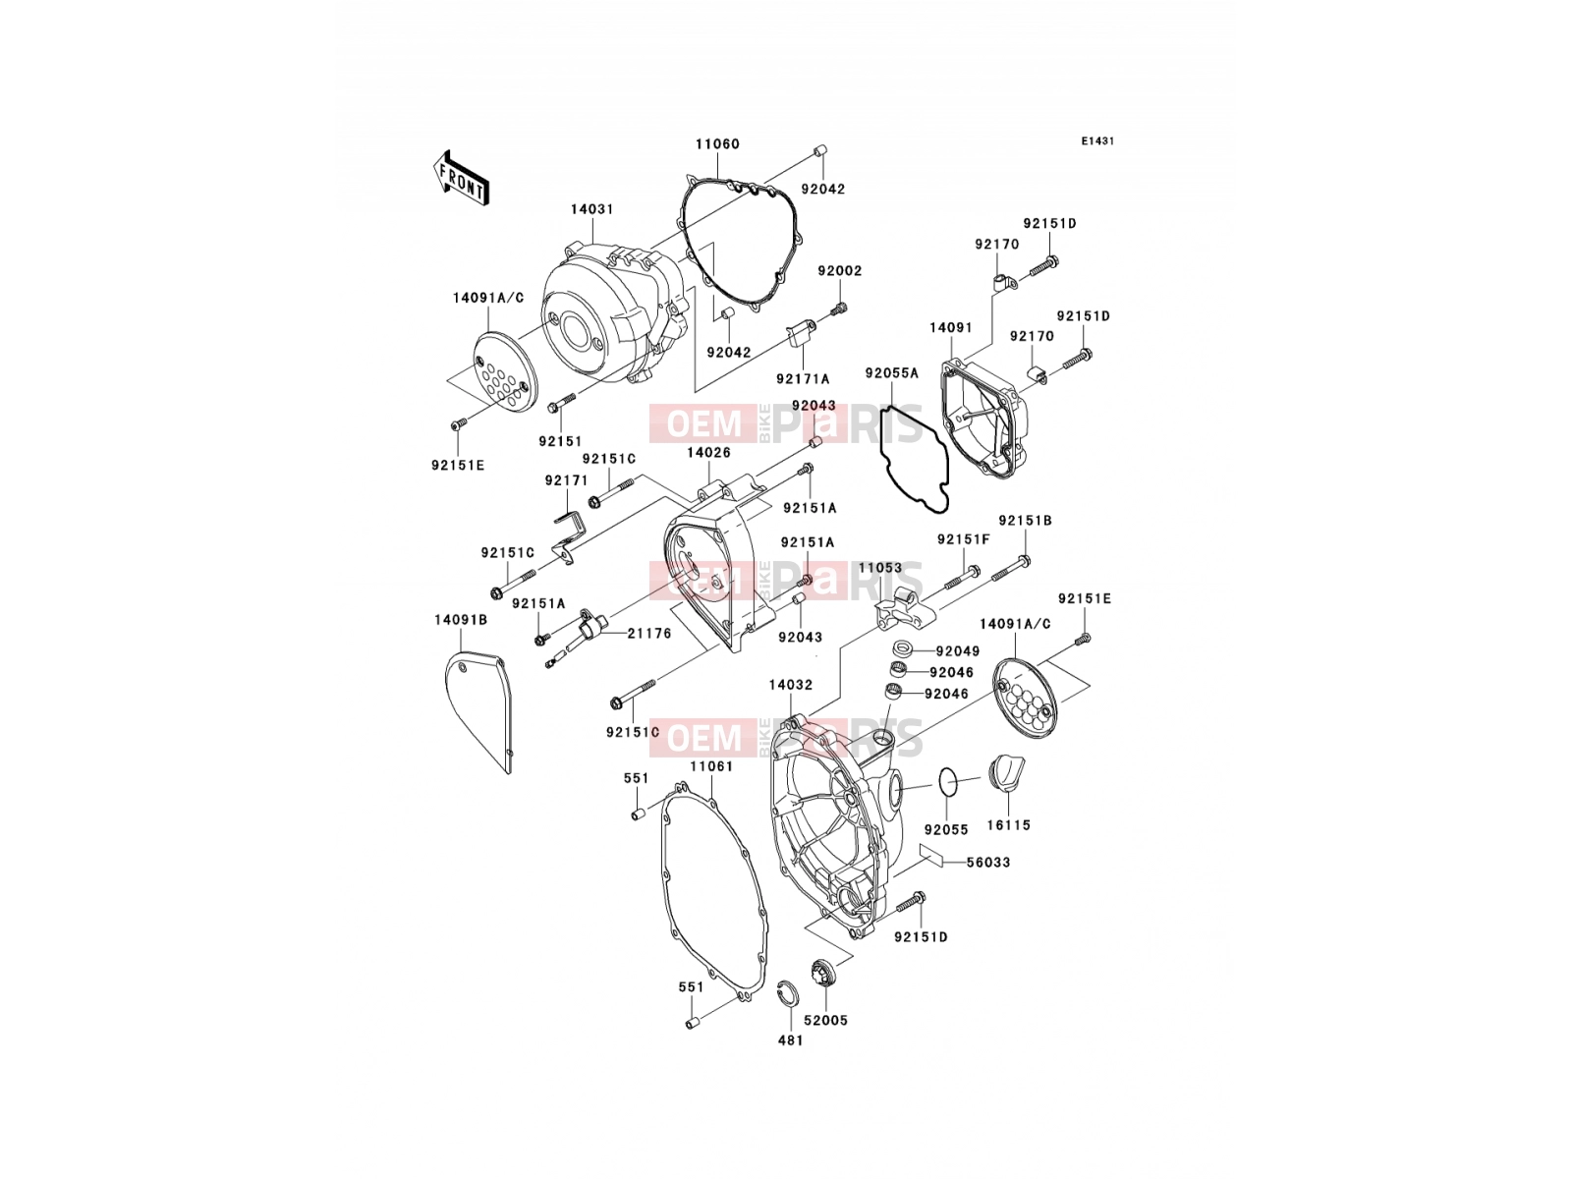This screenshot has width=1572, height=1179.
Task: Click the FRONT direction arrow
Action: pyautogui.click(x=461, y=179)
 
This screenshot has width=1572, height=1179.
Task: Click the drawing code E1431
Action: pyautogui.click(x=1097, y=141)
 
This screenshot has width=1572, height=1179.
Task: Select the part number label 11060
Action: pyautogui.click(x=717, y=143)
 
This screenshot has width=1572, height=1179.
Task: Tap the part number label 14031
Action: pyautogui.click(x=592, y=209)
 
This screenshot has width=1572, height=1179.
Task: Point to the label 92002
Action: pyautogui.click(x=840, y=271)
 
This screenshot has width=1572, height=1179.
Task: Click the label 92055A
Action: pyautogui.click(x=892, y=373)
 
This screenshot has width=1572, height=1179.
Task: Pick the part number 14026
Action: pyautogui.click(x=708, y=453)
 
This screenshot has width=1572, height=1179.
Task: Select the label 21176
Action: pyautogui.click(x=648, y=634)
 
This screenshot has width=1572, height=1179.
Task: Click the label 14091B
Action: pyautogui.click(x=461, y=620)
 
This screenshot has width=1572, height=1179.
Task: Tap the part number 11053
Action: pyautogui.click(x=880, y=568)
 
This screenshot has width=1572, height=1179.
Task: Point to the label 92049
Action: pyautogui.click(x=958, y=651)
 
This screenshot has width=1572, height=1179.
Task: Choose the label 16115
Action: pyautogui.click(x=1008, y=825)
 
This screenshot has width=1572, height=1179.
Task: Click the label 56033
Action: pyautogui.click(x=988, y=863)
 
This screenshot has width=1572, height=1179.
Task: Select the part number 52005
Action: pyautogui.click(x=825, y=1021)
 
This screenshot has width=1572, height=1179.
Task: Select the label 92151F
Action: pyautogui.click(x=963, y=539)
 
